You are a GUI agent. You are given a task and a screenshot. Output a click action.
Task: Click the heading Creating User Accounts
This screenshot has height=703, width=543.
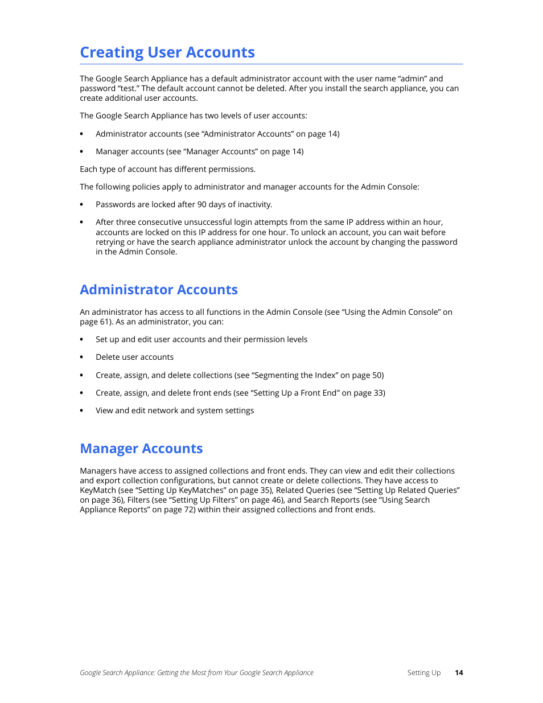pyautogui.click(x=167, y=52)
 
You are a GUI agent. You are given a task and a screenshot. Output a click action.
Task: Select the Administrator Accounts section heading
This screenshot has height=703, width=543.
pyautogui.click(x=159, y=290)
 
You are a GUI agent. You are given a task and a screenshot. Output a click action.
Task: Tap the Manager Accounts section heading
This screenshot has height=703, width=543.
pyautogui.click(x=141, y=449)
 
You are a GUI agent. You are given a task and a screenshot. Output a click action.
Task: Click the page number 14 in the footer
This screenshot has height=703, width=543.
pyautogui.click(x=459, y=673)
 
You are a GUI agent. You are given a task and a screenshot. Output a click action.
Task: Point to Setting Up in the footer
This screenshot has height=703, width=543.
pyautogui.click(x=423, y=673)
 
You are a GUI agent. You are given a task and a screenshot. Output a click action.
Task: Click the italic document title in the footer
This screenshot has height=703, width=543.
pyautogui.click(x=196, y=673)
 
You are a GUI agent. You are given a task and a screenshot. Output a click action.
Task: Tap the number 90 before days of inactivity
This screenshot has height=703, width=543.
pyautogui.click(x=202, y=204)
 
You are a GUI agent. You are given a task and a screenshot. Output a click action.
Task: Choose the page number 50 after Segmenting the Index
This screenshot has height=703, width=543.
pyautogui.click(x=377, y=375)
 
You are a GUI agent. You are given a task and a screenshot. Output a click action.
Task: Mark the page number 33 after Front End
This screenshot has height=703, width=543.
pyautogui.click(x=379, y=393)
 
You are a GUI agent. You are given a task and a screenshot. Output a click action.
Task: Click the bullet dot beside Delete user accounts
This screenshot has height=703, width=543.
pyautogui.click(x=81, y=357)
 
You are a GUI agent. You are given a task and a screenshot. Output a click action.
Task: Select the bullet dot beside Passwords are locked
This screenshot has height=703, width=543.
pyautogui.click(x=81, y=205)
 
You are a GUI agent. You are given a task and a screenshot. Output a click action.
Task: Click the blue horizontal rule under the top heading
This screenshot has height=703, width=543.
pyautogui.click(x=271, y=64)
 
